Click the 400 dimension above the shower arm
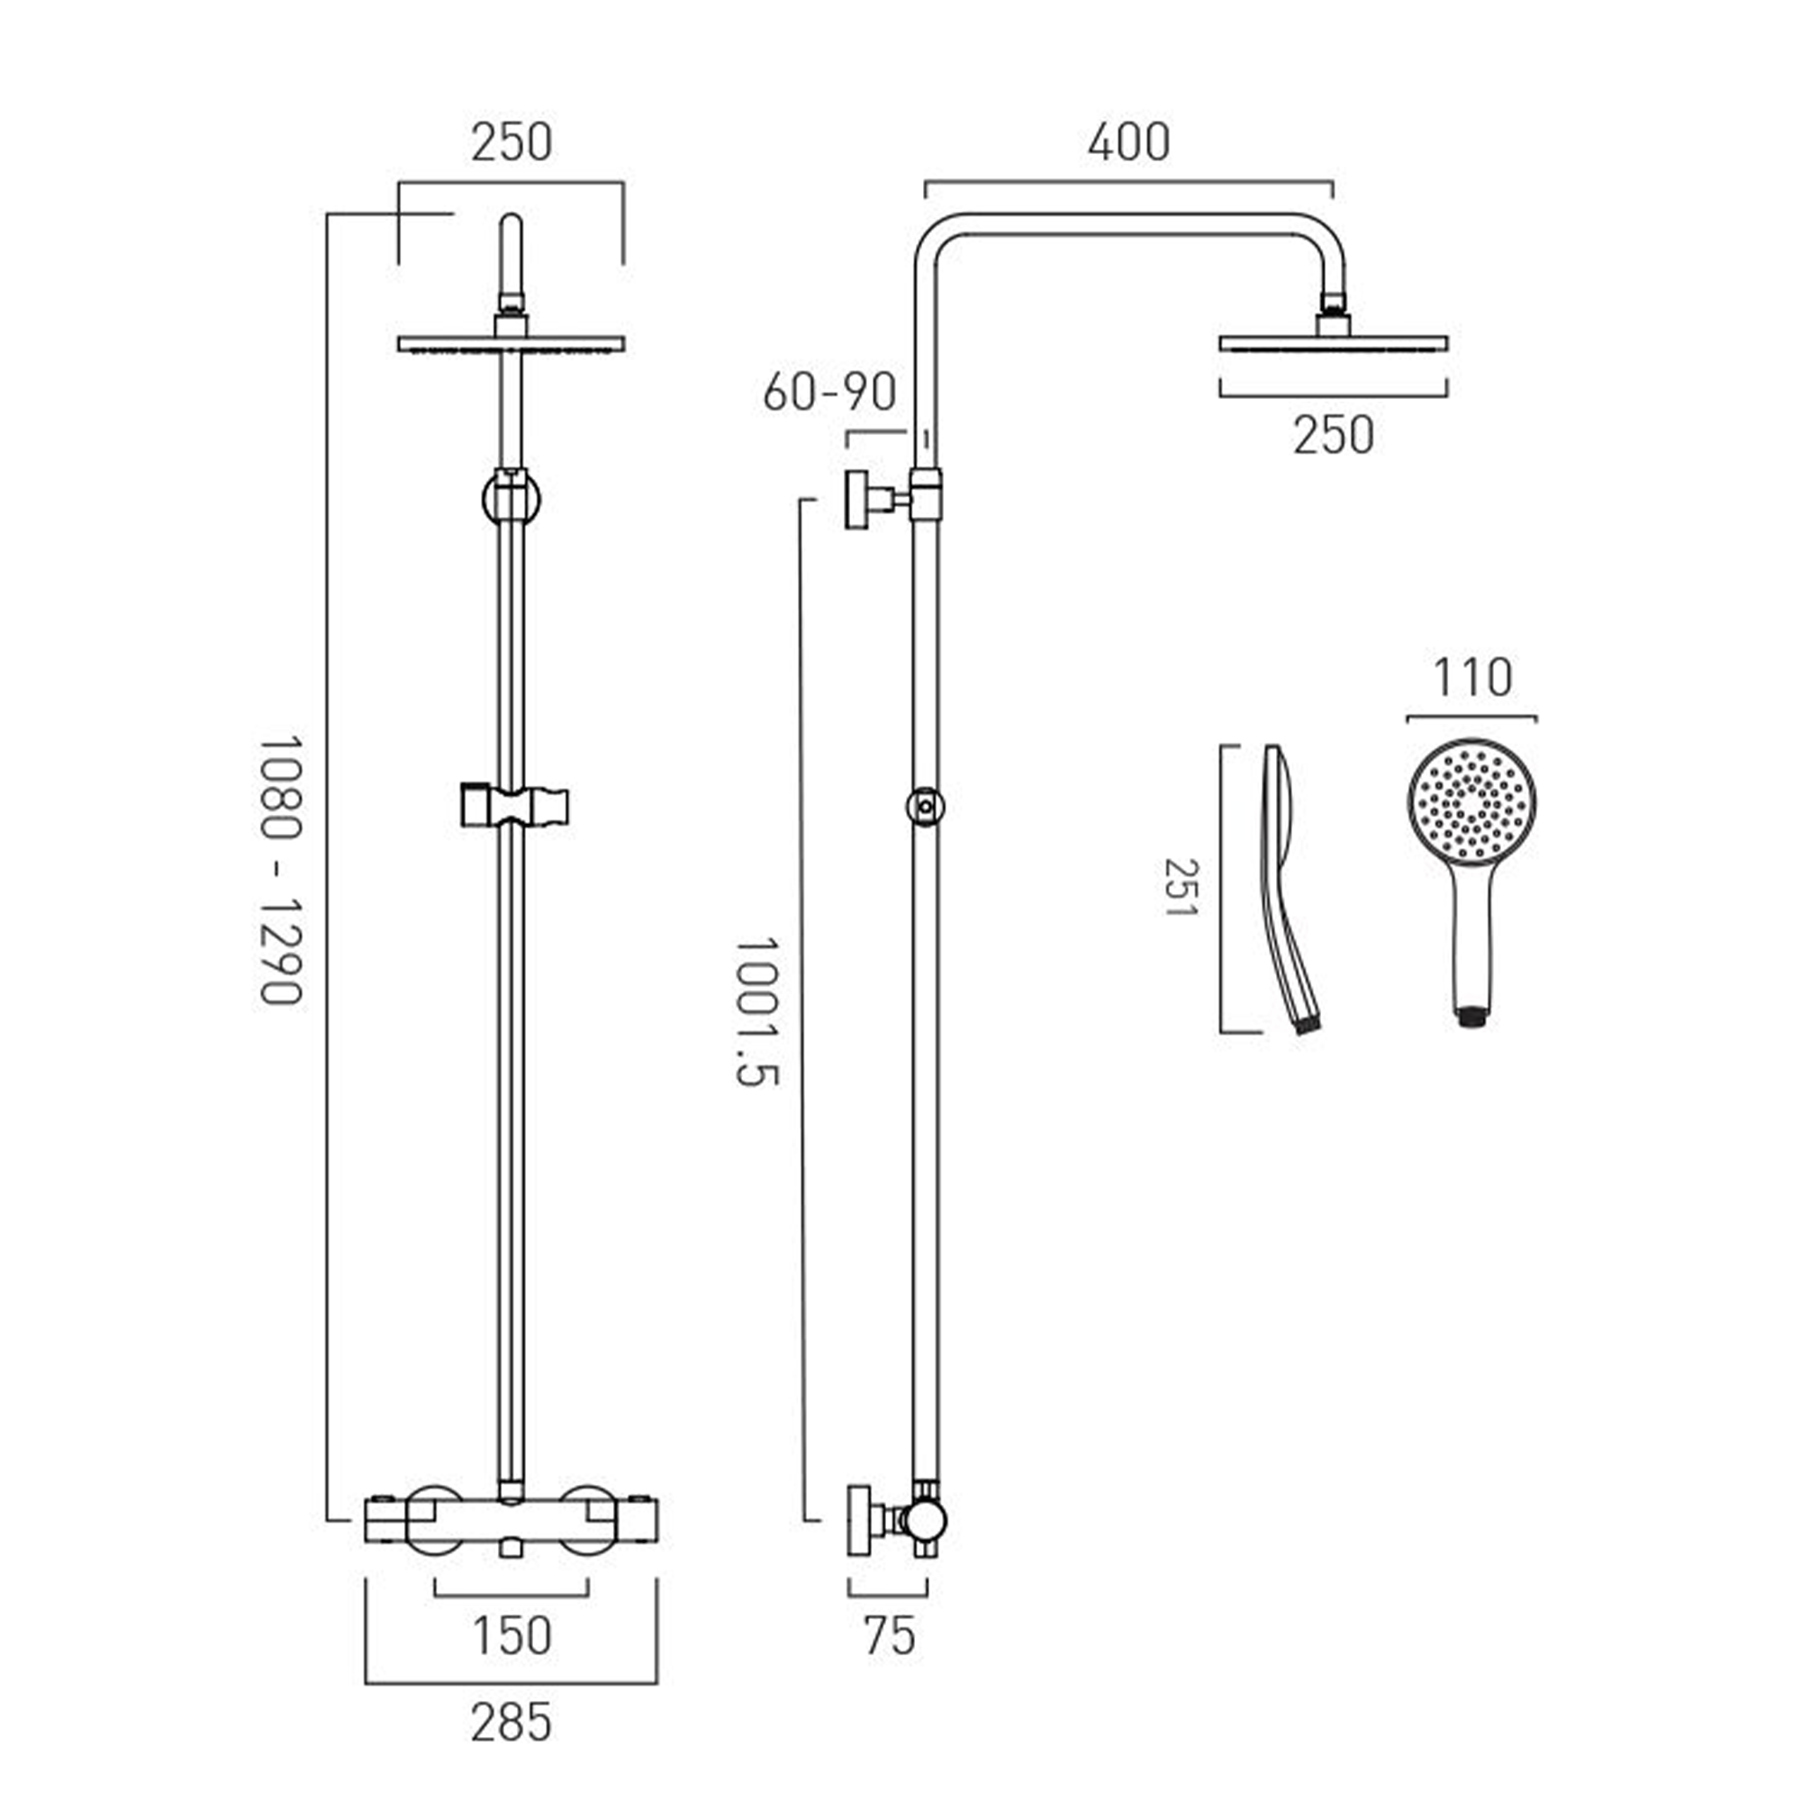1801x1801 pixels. pyautogui.click(x=1128, y=141)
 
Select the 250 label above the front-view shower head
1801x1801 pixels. pyautogui.click(x=511, y=142)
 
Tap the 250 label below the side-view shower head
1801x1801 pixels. pyautogui.click(x=1333, y=435)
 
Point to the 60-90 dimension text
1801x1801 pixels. pyautogui.click(x=828, y=393)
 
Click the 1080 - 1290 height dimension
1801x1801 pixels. pyautogui.click(x=281, y=871)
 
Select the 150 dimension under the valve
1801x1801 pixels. pyautogui.click(x=511, y=1636)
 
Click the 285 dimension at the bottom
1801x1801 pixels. pyautogui.click(x=511, y=1722)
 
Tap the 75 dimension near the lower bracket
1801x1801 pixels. pyautogui.click(x=890, y=1636)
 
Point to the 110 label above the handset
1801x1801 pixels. pyautogui.click(x=1472, y=678)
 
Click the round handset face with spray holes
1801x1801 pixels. pyautogui.click(x=1472, y=801)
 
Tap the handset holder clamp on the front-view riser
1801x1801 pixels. pyautogui.click(x=514, y=806)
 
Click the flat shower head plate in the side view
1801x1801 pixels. pyautogui.click(x=1333, y=344)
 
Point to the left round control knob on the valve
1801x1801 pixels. pyautogui.click(x=434, y=1518)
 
